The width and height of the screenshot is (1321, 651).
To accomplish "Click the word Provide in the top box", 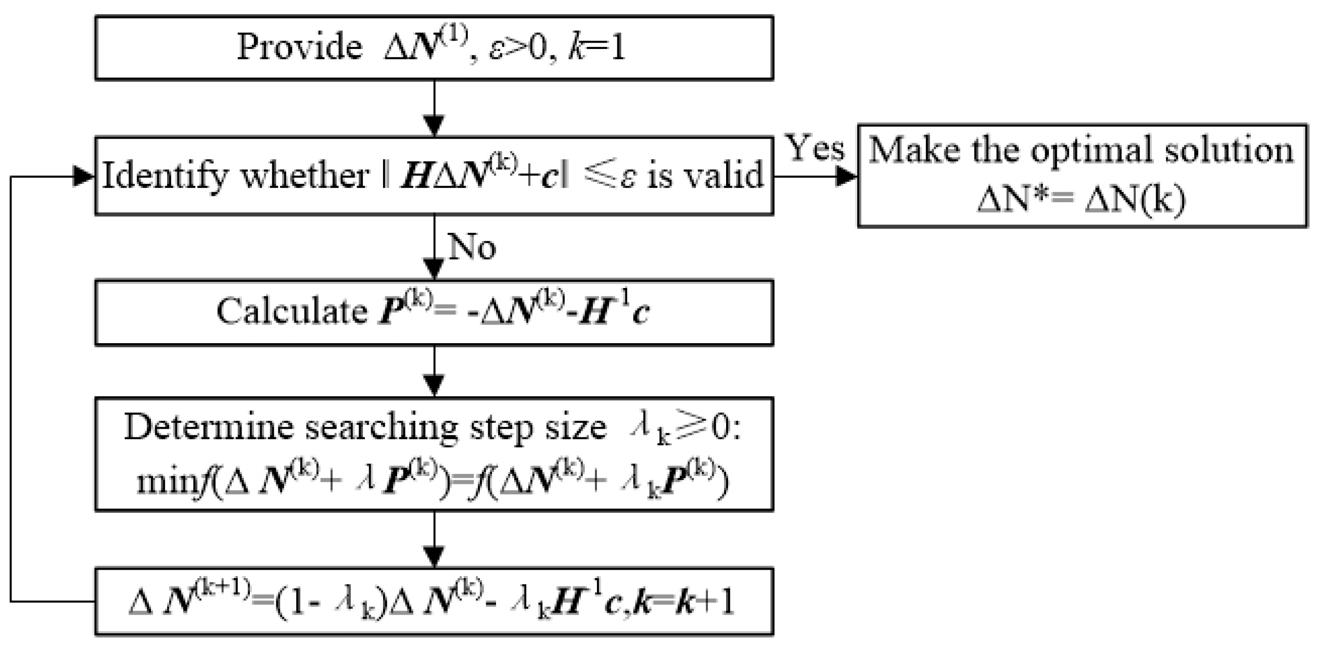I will coord(299,48).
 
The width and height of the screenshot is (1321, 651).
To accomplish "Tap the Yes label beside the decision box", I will coord(815,148).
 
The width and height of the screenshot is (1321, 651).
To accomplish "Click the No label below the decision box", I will coord(472,247).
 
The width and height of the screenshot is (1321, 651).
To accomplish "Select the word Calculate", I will coord(291,312).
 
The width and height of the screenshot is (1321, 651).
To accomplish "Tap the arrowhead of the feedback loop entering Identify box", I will coord(83,177).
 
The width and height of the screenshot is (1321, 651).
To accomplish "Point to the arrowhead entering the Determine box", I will coord(434,386).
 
